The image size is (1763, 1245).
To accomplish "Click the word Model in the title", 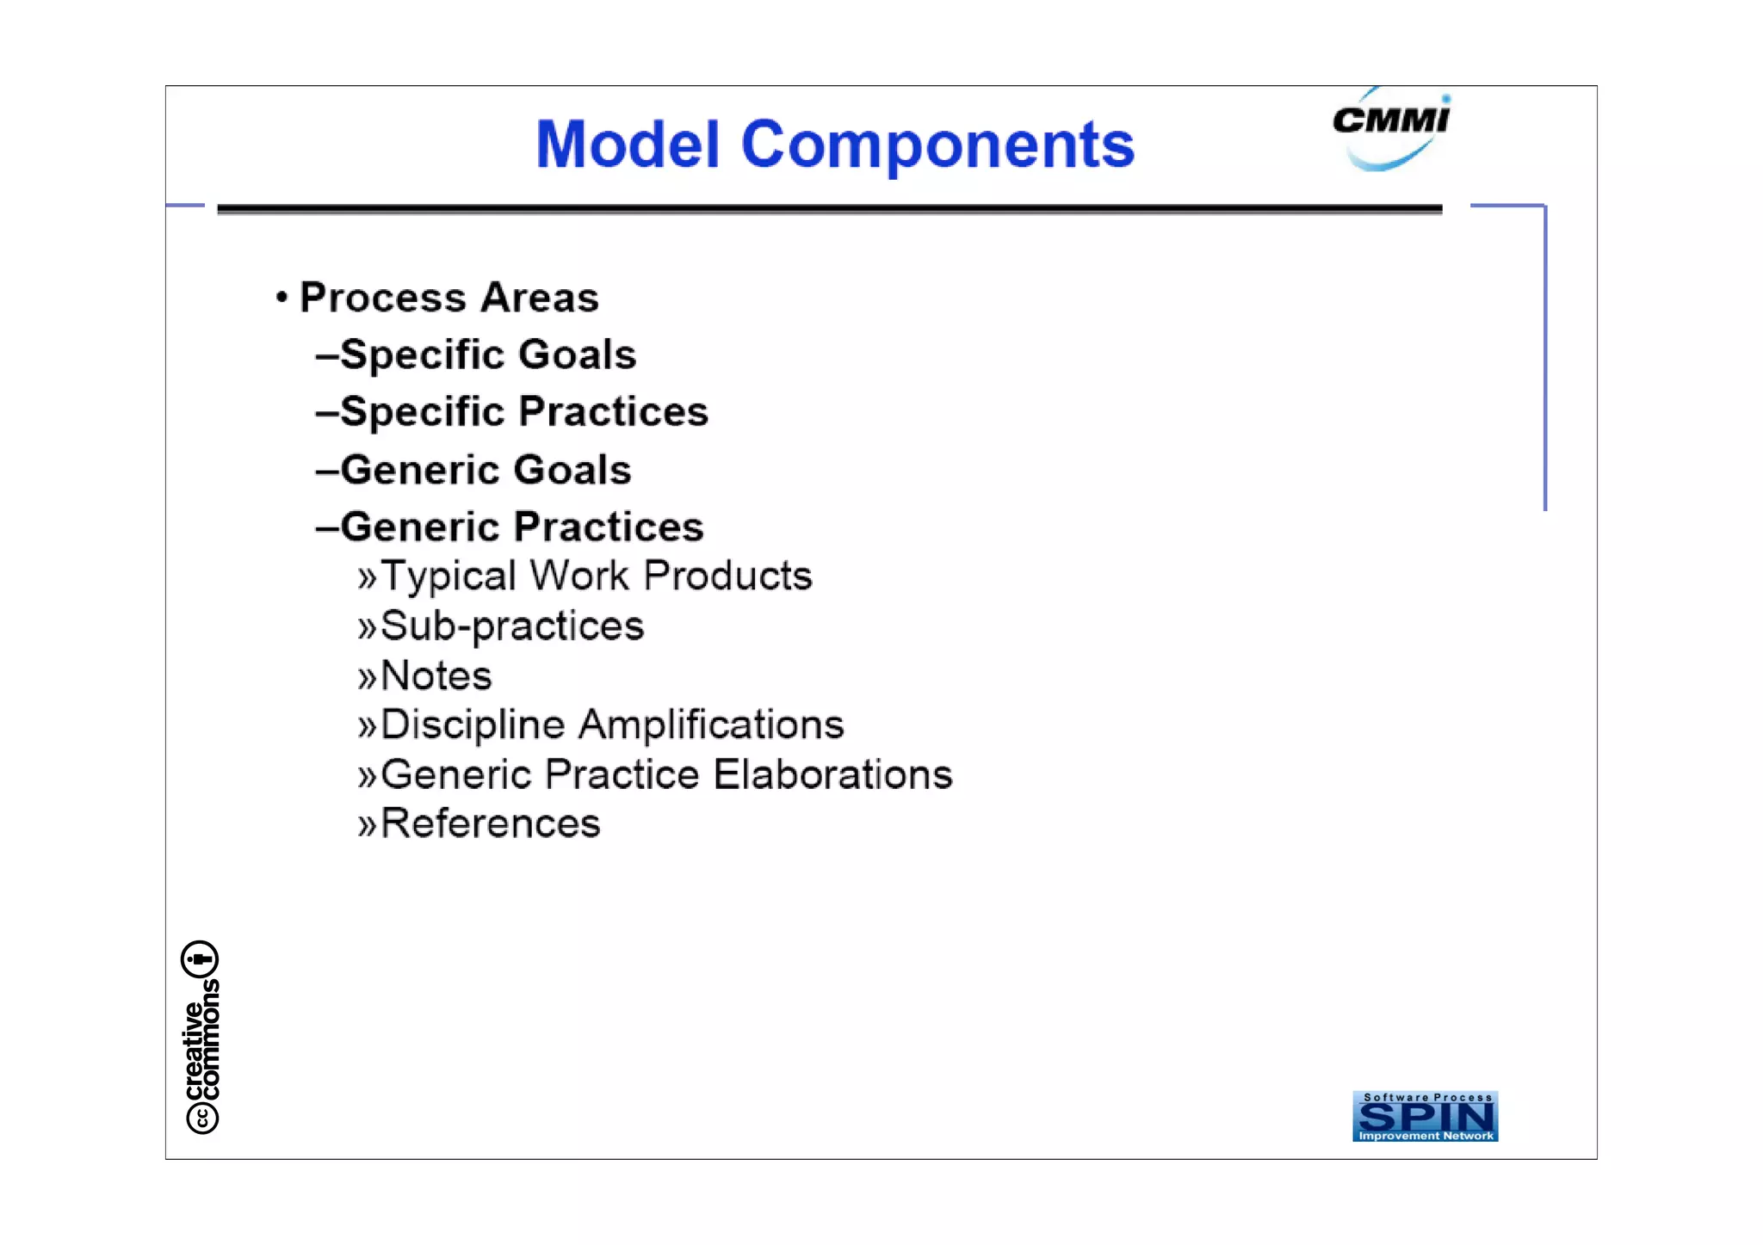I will point(627,145).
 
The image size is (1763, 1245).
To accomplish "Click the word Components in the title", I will point(937,145).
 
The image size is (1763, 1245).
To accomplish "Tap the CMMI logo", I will point(1390,129).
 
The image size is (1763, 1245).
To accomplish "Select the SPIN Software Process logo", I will point(1425,1116).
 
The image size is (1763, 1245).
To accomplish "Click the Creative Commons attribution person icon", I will point(200,958).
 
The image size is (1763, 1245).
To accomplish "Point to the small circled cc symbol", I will point(202,1118).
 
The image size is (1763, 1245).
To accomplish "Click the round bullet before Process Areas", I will point(281,298).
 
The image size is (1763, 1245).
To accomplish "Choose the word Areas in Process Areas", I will point(539,298).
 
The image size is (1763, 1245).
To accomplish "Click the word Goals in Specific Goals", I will point(577,354).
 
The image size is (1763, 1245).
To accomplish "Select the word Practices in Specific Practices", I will point(613,411).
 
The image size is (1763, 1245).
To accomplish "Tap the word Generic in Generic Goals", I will point(420,470).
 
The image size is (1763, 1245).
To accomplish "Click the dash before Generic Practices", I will point(327,527).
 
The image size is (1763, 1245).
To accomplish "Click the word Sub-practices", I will point(512,626).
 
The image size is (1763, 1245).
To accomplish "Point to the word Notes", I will point(436,675).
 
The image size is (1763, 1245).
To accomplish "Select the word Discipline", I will point(473,724).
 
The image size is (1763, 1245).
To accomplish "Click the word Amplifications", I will point(711,724).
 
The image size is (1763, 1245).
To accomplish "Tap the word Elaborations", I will point(833,774).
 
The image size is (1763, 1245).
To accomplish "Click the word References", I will point(491,823).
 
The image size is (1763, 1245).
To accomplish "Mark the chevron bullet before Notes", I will point(368,677).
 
